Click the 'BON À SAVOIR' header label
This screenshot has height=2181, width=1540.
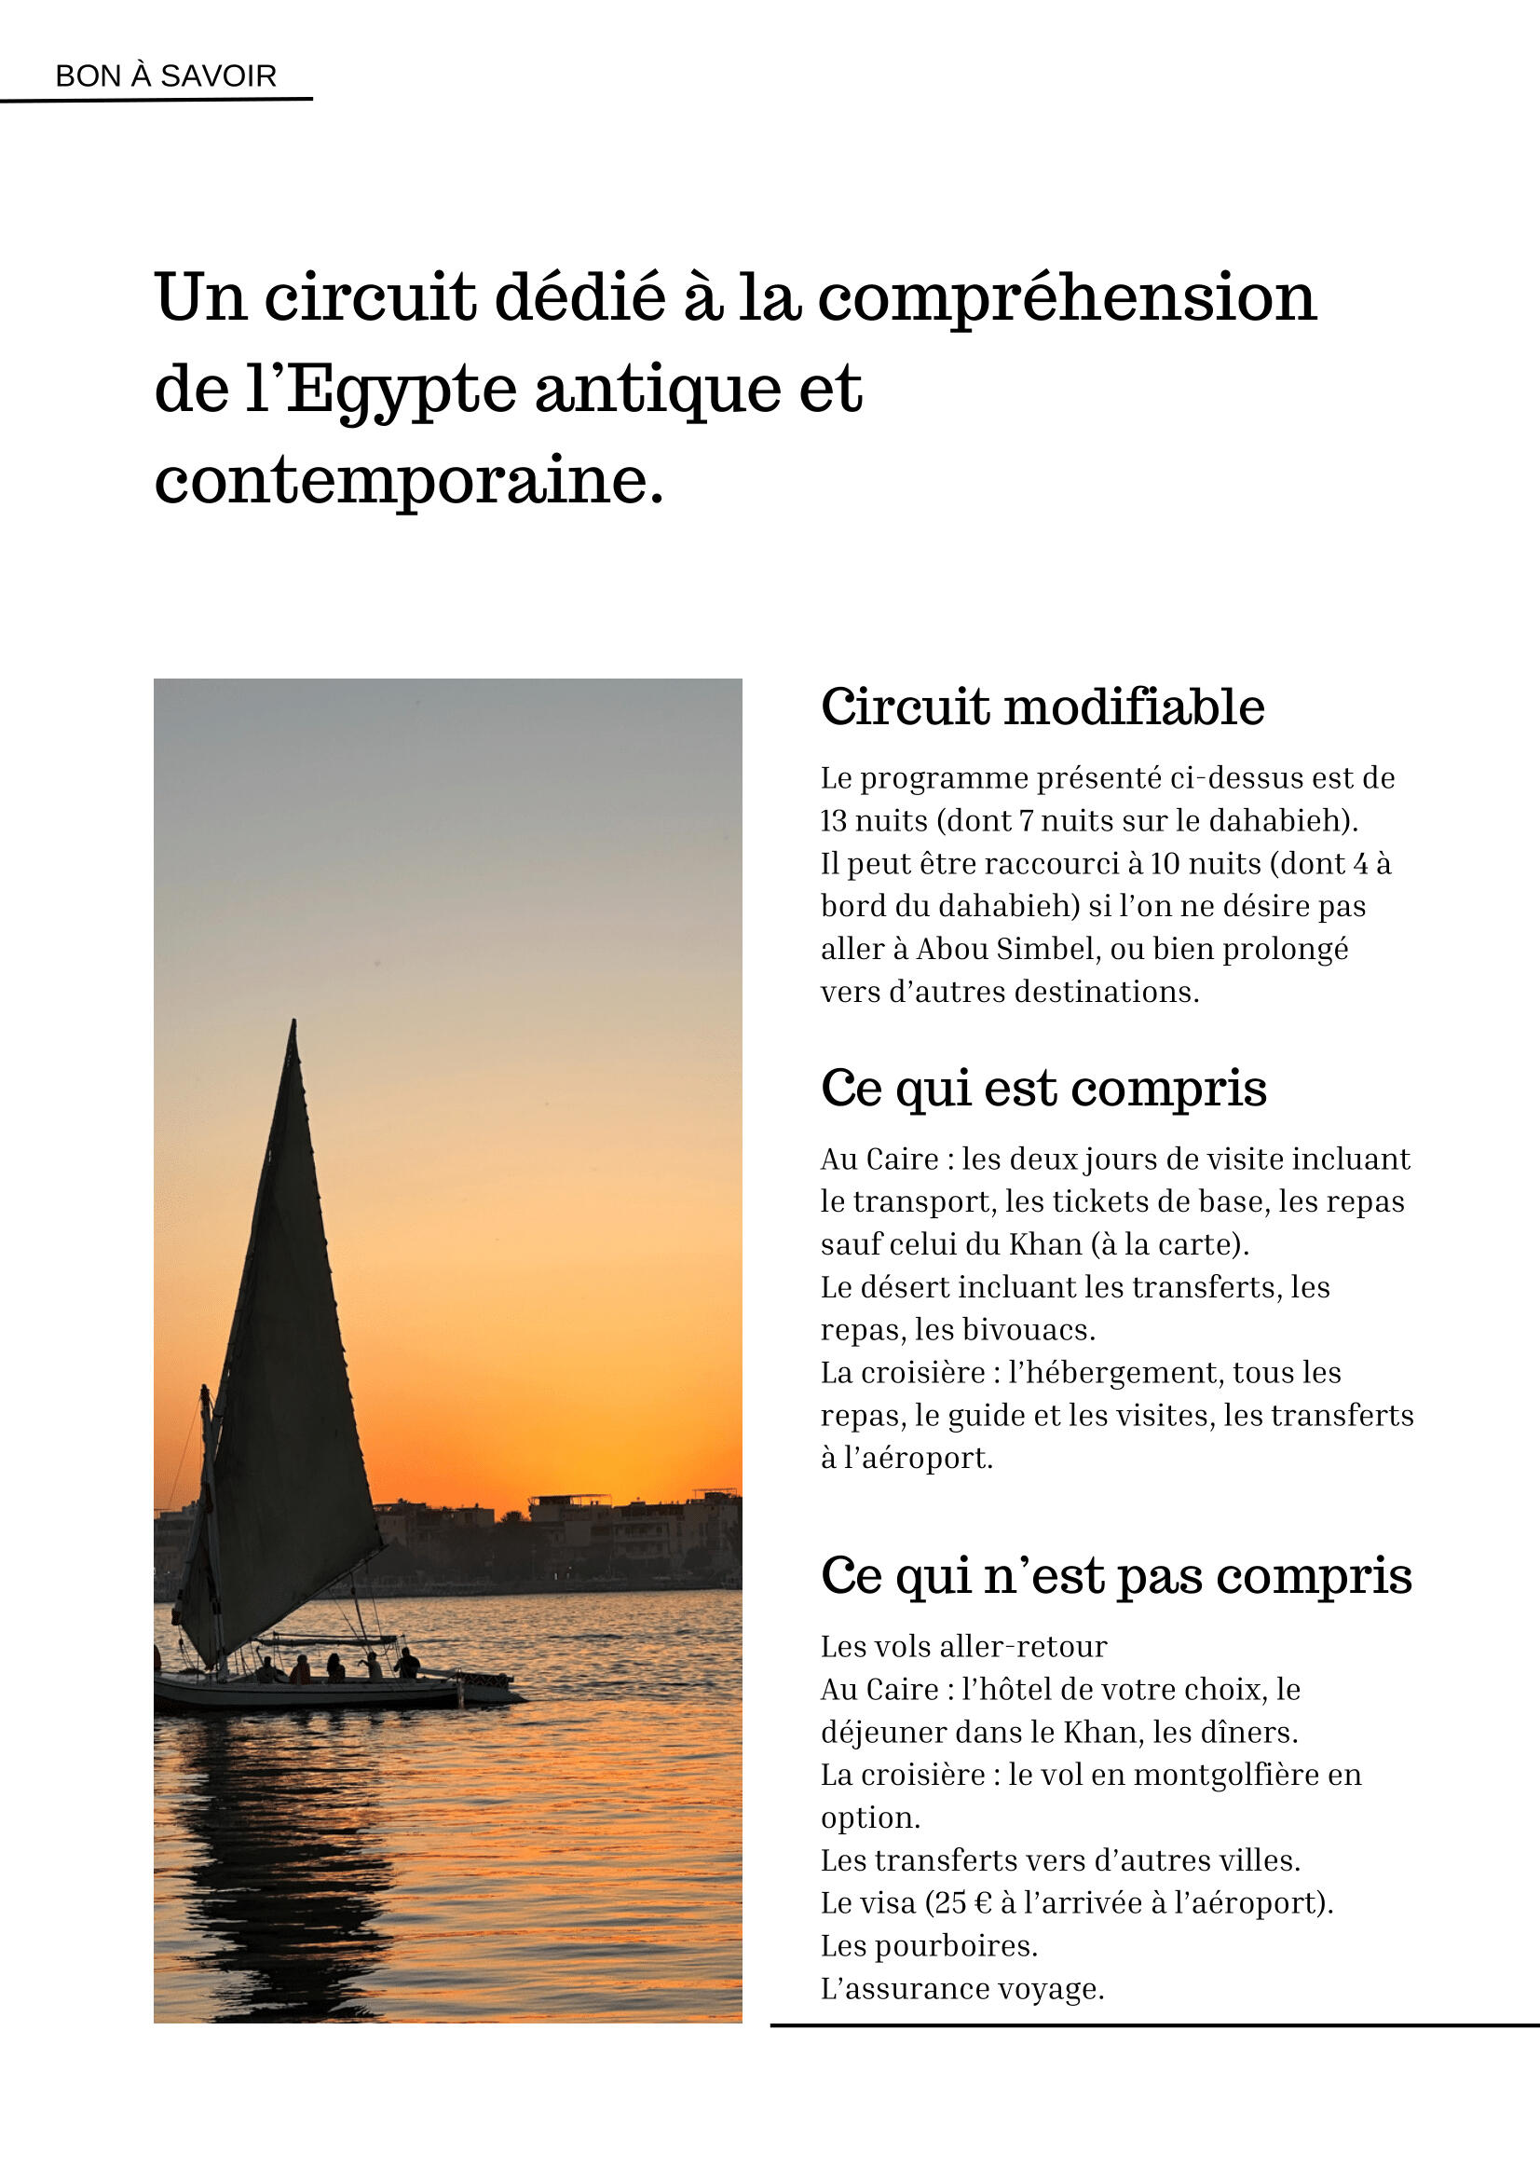pyautogui.click(x=166, y=76)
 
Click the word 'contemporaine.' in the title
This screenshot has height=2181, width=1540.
pyautogui.click(x=409, y=481)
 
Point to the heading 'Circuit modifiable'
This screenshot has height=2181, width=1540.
pyautogui.click(x=1043, y=707)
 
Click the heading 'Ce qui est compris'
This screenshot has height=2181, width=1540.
pyautogui.click(x=1043, y=1089)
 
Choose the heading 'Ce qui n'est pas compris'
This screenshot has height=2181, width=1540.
pyautogui.click(x=1116, y=1576)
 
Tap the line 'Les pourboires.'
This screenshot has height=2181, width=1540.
pyautogui.click(x=930, y=1945)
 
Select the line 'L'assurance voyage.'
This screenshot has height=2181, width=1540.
pyautogui.click(x=962, y=1988)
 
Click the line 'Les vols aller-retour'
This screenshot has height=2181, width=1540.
pyautogui.click(x=963, y=1646)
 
